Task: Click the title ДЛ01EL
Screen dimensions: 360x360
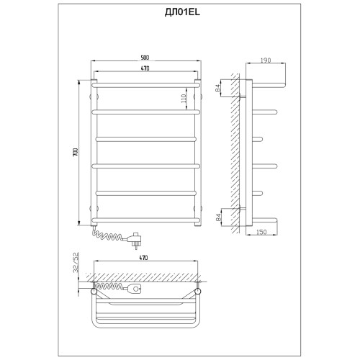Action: click(182, 13)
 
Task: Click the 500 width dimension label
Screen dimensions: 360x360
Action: click(145, 58)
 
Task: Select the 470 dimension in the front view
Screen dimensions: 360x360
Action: click(145, 68)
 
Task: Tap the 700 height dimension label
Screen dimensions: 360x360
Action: click(75, 152)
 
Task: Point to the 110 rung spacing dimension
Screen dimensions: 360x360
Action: click(184, 99)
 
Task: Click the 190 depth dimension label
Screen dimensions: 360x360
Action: click(265, 60)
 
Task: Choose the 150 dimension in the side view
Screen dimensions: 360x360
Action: click(261, 232)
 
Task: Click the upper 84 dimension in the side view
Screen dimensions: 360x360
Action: click(218, 89)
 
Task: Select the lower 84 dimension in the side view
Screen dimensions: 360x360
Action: click(218, 217)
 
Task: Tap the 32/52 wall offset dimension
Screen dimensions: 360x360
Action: click(76, 262)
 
